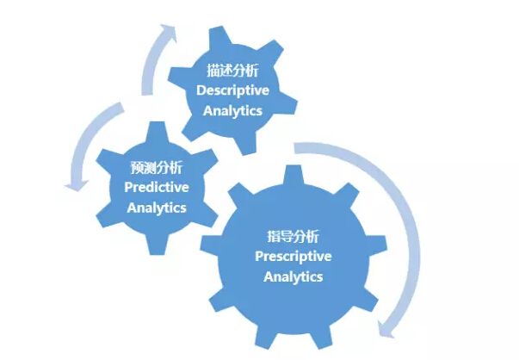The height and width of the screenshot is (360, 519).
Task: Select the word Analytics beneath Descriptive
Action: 232,110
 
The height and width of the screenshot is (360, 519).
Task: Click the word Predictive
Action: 156,187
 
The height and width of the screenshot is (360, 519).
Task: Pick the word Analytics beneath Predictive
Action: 156,208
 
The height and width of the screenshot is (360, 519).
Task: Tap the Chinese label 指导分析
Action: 293,236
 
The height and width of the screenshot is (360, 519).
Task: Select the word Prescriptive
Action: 293,256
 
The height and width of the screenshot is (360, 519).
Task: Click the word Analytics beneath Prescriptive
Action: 293,276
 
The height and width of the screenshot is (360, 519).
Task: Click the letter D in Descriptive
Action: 200,90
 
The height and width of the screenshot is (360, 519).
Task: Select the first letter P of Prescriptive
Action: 259,256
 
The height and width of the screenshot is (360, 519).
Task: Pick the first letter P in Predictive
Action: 128,187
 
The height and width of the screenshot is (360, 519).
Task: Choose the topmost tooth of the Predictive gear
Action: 155,131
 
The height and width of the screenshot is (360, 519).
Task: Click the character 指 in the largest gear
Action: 273,236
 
